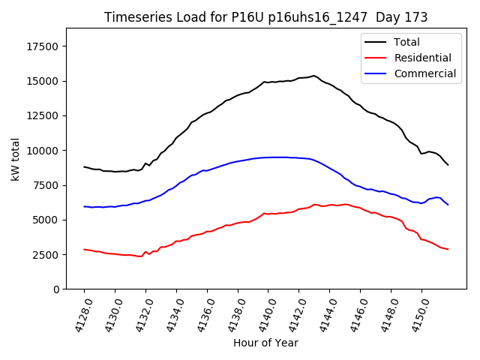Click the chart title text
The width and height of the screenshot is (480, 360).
(x=265, y=17)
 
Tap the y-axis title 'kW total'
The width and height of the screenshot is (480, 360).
(x=16, y=158)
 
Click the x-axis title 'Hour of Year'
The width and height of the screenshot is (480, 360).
(x=265, y=343)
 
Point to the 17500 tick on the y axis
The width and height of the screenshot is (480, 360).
(x=41, y=46)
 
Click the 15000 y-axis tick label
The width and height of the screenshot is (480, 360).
(x=41, y=81)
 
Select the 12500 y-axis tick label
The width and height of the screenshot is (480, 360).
(x=41, y=116)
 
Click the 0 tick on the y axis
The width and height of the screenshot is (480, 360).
(x=57, y=289)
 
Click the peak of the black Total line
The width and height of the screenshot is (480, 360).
(x=314, y=76)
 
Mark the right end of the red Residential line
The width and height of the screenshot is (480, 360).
(x=448, y=249)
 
